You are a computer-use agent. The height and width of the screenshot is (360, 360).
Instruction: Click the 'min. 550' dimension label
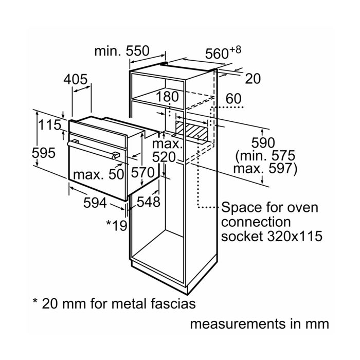pyautogui.click(x=122, y=51)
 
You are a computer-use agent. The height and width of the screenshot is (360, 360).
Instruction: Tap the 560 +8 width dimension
pyautogui.click(x=223, y=53)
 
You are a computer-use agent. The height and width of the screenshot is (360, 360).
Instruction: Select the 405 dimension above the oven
pyautogui.click(x=76, y=79)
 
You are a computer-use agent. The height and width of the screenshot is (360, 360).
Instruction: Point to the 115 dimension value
pyautogui.click(x=49, y=125)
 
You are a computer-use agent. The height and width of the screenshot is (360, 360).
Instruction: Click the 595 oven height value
pyautogui.click(x=44, y=153)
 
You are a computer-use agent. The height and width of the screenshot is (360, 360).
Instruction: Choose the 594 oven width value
pyautogui.click(x=95, y=203)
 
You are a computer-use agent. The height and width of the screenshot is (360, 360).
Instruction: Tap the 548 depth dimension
pyautogui.click(x=149, y=202)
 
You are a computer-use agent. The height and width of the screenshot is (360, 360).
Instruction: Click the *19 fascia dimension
pyautogui.click(x=117, y=225)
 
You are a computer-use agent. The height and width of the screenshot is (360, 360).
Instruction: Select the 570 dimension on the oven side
pyautogui.click(x=143, y=172)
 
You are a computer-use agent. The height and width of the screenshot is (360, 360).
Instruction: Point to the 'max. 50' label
pyautogui.click(x=99, y=174)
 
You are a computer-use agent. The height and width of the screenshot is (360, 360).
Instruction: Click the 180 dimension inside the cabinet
pyautogui.click(x=167, y=97)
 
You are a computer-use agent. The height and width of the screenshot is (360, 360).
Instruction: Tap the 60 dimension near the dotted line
pyautogui.click(x=233, y=99)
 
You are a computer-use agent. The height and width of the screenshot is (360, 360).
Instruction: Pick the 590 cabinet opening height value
pyautogui.click(x=263, y=142)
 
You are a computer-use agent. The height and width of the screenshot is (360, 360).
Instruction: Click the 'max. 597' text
pyautogui.click(x=265, y=169)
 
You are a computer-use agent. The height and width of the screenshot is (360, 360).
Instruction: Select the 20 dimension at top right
pyautogui.click(x=253, y=79)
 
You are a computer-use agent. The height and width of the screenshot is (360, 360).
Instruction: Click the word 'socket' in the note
pyautogui.click(x=242, y=236)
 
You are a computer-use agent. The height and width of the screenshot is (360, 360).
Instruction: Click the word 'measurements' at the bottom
pyautogui.click(x=238, y=324)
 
